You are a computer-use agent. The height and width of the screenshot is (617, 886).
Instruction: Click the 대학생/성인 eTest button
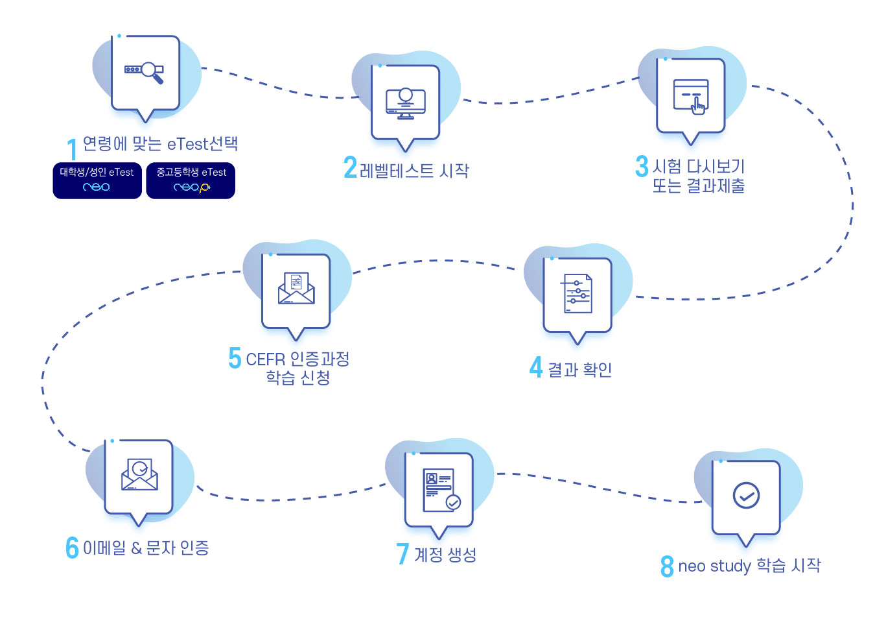97,180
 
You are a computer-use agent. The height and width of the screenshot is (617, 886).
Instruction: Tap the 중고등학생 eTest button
191,180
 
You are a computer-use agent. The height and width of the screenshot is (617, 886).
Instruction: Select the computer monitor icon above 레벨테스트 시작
406,103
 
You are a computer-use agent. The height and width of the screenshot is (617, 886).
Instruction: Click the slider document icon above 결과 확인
577,294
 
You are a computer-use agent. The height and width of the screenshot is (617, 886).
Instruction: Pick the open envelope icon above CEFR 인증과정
296,289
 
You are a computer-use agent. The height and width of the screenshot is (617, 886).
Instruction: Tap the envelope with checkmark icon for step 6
139,475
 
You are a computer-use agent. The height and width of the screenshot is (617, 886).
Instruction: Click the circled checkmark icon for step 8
746,496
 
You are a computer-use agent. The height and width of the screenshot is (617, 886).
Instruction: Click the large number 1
73,149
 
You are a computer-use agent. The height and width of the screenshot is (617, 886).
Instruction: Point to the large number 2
351,167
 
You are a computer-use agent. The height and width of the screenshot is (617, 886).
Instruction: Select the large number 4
536,367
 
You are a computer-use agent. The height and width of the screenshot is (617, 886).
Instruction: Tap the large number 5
235,357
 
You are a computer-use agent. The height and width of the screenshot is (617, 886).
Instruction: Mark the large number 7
402,553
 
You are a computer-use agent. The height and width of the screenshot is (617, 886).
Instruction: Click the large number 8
667,566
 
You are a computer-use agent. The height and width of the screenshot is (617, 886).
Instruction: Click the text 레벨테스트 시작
414,171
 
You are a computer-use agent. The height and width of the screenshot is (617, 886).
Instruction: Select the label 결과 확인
580,370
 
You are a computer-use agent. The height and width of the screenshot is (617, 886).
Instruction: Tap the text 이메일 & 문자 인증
146,548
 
